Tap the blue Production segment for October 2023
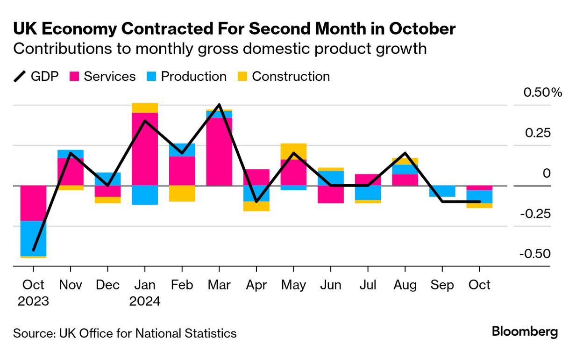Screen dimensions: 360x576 pyautogui.click(x=33, y=238)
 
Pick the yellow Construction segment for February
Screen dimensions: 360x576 pyautogui.click(x=182, y=194)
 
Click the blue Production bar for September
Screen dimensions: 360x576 pyautogui.click(x=442, y=191)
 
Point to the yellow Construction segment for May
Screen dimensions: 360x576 pyautogui.click(x=293, y=151)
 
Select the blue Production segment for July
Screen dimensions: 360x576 pyautogui.click(x=368, y=193)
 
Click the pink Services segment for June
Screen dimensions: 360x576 pyautogui.click(x=331, y=194)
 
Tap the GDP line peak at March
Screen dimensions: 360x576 pyautogui.click(x=219, y=105)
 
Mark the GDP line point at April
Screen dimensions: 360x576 pyautogui.click(x=256, y=202)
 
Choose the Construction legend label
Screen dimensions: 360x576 pyautogui.click(x=291, y=76)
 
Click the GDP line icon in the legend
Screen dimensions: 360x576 pyautogui.click(x=20, y=76)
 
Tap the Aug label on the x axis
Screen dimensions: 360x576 pyautogui.click(x=405, y=285)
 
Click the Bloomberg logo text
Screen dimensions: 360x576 pyautogui.click(x=525, y=332)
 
